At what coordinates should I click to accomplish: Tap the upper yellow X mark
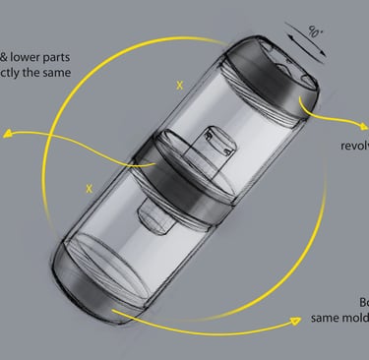click(x=179, y=86)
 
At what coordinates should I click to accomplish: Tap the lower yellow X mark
click(x=91, y=186)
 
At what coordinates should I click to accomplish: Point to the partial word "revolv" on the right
click(x=353, y=148)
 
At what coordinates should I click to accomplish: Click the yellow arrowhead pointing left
click(x=7, y=135)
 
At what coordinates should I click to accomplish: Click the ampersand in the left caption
click(x=7, y=55)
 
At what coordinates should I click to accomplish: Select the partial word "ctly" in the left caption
click(x=28, y=73)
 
